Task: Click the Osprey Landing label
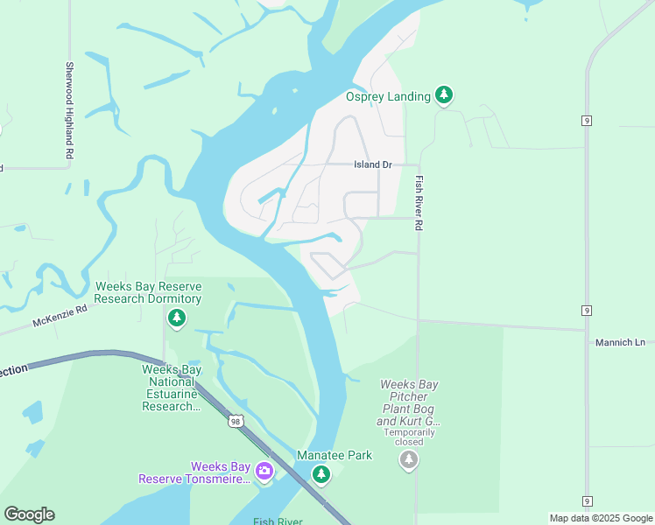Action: (x=388, y=96)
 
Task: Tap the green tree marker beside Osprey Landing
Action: (x=444, y=94)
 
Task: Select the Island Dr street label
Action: (x=372, y=164)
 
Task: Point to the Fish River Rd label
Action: (x=419, y=202)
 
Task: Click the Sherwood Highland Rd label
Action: (x=68, y=109)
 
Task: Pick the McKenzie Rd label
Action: (x=60, y=315)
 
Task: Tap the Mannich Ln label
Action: (x=620, y=342)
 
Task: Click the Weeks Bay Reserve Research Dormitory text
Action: (x=148, y=292)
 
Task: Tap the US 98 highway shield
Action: (x=234, y=422)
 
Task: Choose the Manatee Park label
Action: (x=335, y=455)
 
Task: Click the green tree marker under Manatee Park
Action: (x=321, y=474)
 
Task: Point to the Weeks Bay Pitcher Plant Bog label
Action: (x=409, y=402)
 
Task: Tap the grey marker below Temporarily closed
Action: (x=409, y=458)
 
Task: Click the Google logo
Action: (x=29, y=514)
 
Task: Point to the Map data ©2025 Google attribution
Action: (x=600, y=518)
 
